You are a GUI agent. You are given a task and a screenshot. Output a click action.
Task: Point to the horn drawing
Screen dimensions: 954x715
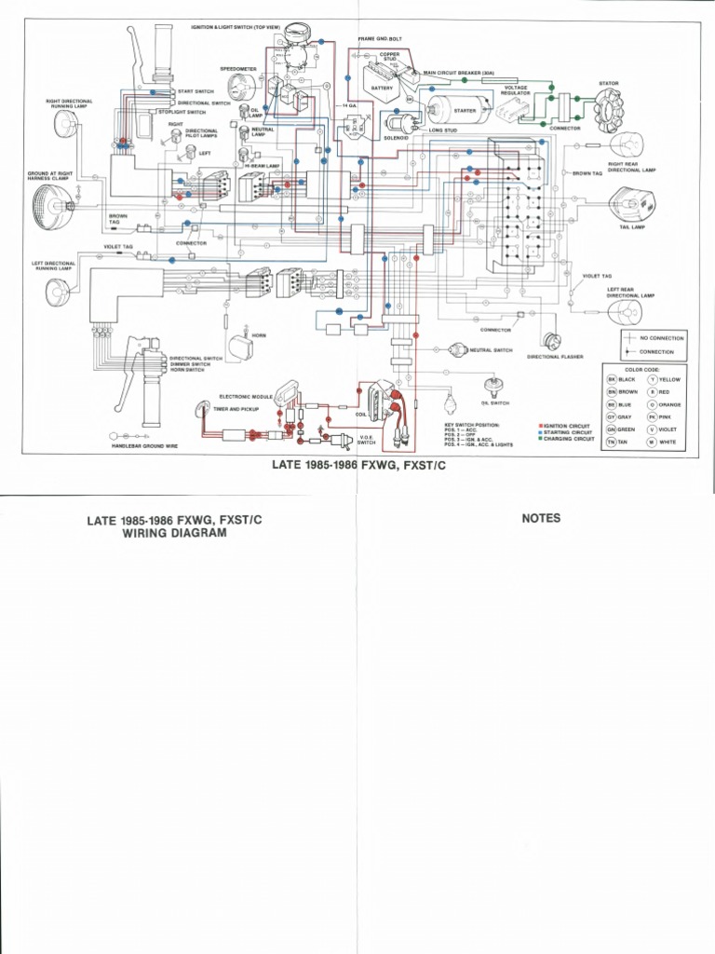pos(241,348)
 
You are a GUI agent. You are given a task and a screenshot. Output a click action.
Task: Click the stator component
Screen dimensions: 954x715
pos(609,111)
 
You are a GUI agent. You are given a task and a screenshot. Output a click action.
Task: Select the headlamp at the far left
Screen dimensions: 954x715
pos(47,202)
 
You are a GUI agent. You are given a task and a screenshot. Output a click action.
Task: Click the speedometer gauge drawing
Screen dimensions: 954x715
pos(241,87)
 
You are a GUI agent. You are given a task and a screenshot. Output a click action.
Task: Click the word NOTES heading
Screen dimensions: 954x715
pos(541,519)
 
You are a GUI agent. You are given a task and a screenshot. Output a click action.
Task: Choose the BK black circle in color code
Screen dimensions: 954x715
pos(612,380)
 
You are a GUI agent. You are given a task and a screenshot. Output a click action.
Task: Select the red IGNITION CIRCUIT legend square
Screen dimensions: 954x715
pos(540,425)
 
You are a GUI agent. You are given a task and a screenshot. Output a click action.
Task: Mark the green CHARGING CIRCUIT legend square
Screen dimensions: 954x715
pos(540,438)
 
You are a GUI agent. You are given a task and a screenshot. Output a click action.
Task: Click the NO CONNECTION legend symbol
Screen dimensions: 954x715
pos(630,337)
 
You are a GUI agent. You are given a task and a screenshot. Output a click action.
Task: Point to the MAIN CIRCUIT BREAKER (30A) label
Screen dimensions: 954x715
pos(458,72)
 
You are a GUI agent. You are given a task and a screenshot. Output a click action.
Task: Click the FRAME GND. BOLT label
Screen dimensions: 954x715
pos(379,40)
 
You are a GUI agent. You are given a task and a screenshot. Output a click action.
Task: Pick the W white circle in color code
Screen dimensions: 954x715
pos(653,442)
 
